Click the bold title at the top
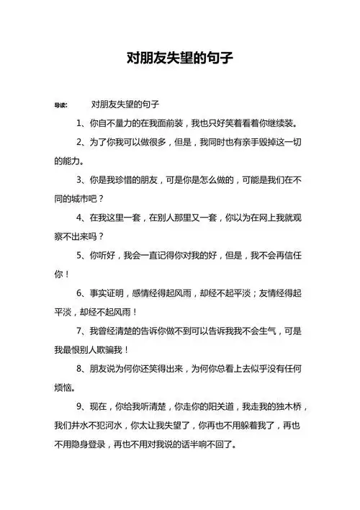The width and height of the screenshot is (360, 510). [x=180, y=57]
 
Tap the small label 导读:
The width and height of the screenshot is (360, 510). [x=61, y=105]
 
